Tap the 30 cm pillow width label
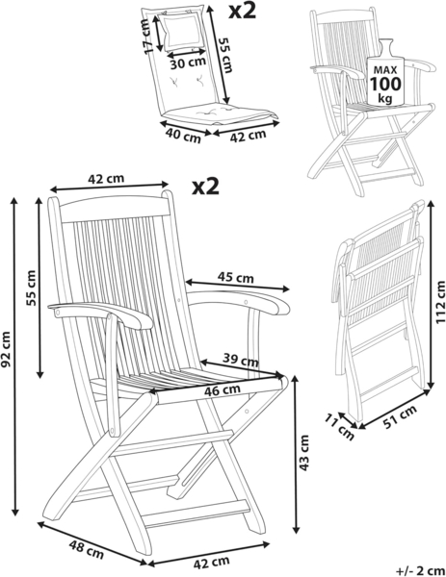point(188,63)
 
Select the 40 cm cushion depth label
point(183,135)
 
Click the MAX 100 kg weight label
point(385,84)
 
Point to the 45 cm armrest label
point(236,277)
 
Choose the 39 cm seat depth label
point(241,360)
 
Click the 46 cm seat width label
point(223,389)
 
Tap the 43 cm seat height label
point(304,453)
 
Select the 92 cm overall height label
point(6,350)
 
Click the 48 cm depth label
point(87,549)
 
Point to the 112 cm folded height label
point(440,302)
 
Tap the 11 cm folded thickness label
point(339,427)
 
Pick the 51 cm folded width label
point(401,417)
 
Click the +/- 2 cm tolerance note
point(421,570)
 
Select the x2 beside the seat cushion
point(242,11)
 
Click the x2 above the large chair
point(206,187)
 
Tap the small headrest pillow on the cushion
point(182,32)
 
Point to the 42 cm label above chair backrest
point(106,179)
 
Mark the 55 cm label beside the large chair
point(32,288)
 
